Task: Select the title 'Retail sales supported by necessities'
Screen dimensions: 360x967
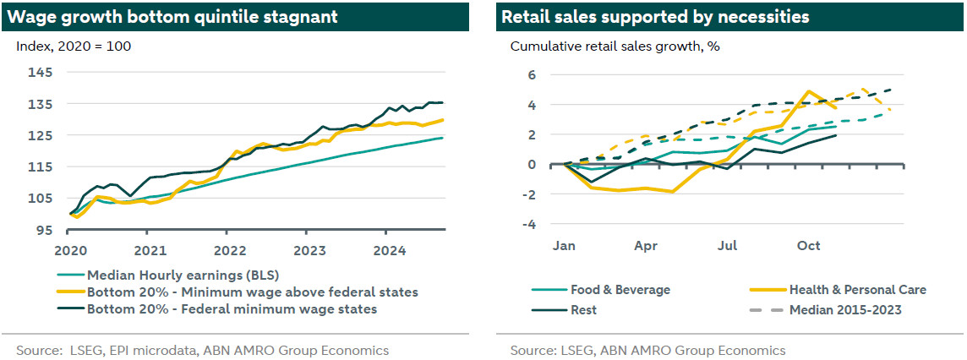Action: point(655,16)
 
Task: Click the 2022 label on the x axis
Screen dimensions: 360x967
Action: point(228,250)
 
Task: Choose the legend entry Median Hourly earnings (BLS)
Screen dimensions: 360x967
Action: point(181,275)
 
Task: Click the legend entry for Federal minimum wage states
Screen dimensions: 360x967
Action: point(232,308)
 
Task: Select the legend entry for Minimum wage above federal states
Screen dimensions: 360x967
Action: point(252,292)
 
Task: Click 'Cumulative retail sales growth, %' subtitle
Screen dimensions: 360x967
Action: point(615,46)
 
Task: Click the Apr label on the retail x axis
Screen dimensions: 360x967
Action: point(646,246)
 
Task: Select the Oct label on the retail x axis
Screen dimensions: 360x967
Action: point(809,246)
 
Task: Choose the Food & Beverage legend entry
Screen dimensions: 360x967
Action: point(620,290)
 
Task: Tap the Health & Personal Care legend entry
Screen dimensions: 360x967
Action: point(857,290)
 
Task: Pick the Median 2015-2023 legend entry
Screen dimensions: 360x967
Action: point(844,309)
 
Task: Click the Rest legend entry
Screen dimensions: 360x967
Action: point(583,309)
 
